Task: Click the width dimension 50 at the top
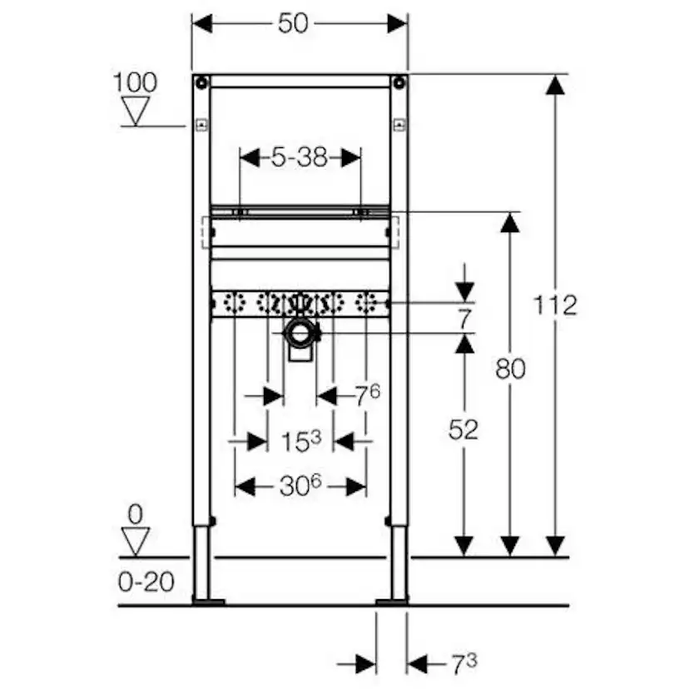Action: pos(293,23)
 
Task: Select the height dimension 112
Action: pos(556,305)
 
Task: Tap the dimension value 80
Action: pos(509,368)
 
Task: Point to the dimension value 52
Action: pos(463,429)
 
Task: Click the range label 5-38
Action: pos(299,156)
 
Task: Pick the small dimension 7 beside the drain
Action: pos(463,317)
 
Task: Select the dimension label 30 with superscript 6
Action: pos(300,486)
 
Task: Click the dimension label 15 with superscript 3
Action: pos(300,441)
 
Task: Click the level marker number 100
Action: pos(135,82)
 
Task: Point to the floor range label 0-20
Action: pos(147,581)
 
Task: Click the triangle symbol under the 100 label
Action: pos(136,110)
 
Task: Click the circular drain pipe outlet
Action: pos(300,335)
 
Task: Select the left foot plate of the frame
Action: pos(207,599)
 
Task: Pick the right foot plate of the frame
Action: pos(392,599)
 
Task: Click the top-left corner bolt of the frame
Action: pos(201,82)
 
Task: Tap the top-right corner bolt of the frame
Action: pos(399,82)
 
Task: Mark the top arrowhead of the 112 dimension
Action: pos(556,84)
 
